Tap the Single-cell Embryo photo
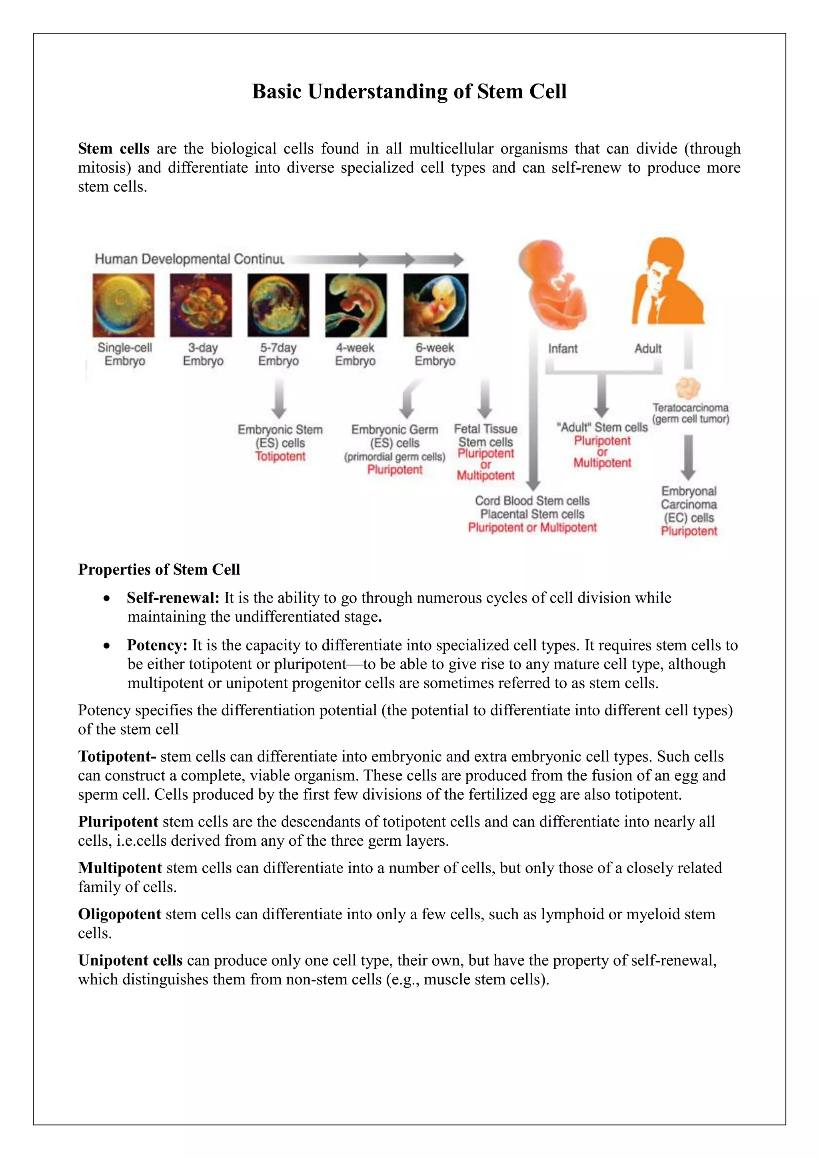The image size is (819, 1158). pos(124,305)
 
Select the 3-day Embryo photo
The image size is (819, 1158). pos(201,305)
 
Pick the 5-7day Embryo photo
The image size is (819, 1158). pos(278,305)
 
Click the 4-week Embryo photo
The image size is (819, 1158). pos(356,305)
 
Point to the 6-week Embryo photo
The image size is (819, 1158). pos(436,305)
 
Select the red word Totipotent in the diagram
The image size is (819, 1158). pos(280,456)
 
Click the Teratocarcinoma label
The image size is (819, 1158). pos(690,407)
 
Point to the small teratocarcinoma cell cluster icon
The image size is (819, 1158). pos(688,388)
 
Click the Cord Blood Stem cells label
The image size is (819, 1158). pos(532,501)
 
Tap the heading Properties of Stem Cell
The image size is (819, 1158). pos(159,569)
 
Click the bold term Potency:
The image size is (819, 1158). pos(157,645)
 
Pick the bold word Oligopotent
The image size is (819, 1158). pos(120,914)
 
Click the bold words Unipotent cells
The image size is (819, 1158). pos(130,960)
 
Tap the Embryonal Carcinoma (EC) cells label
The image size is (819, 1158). pos(689,504)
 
